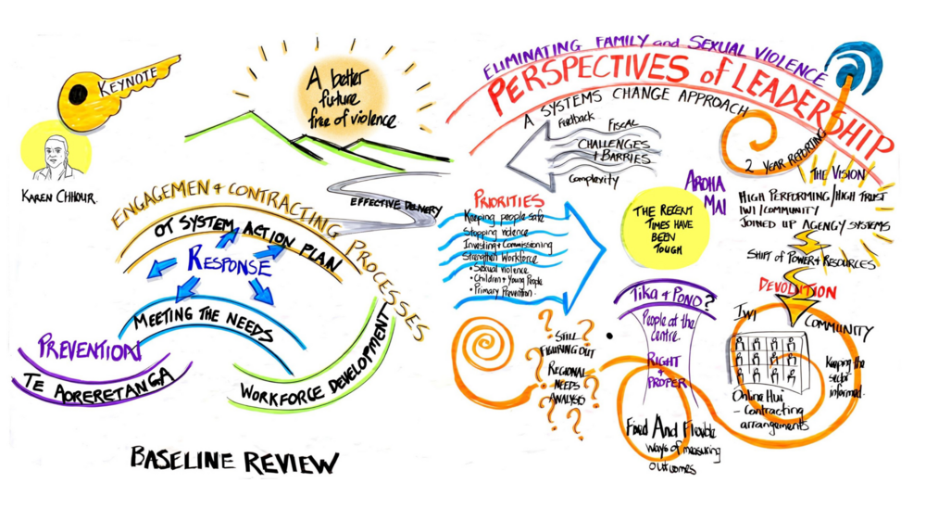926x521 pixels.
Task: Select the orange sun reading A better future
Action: [x=347, y=96]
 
